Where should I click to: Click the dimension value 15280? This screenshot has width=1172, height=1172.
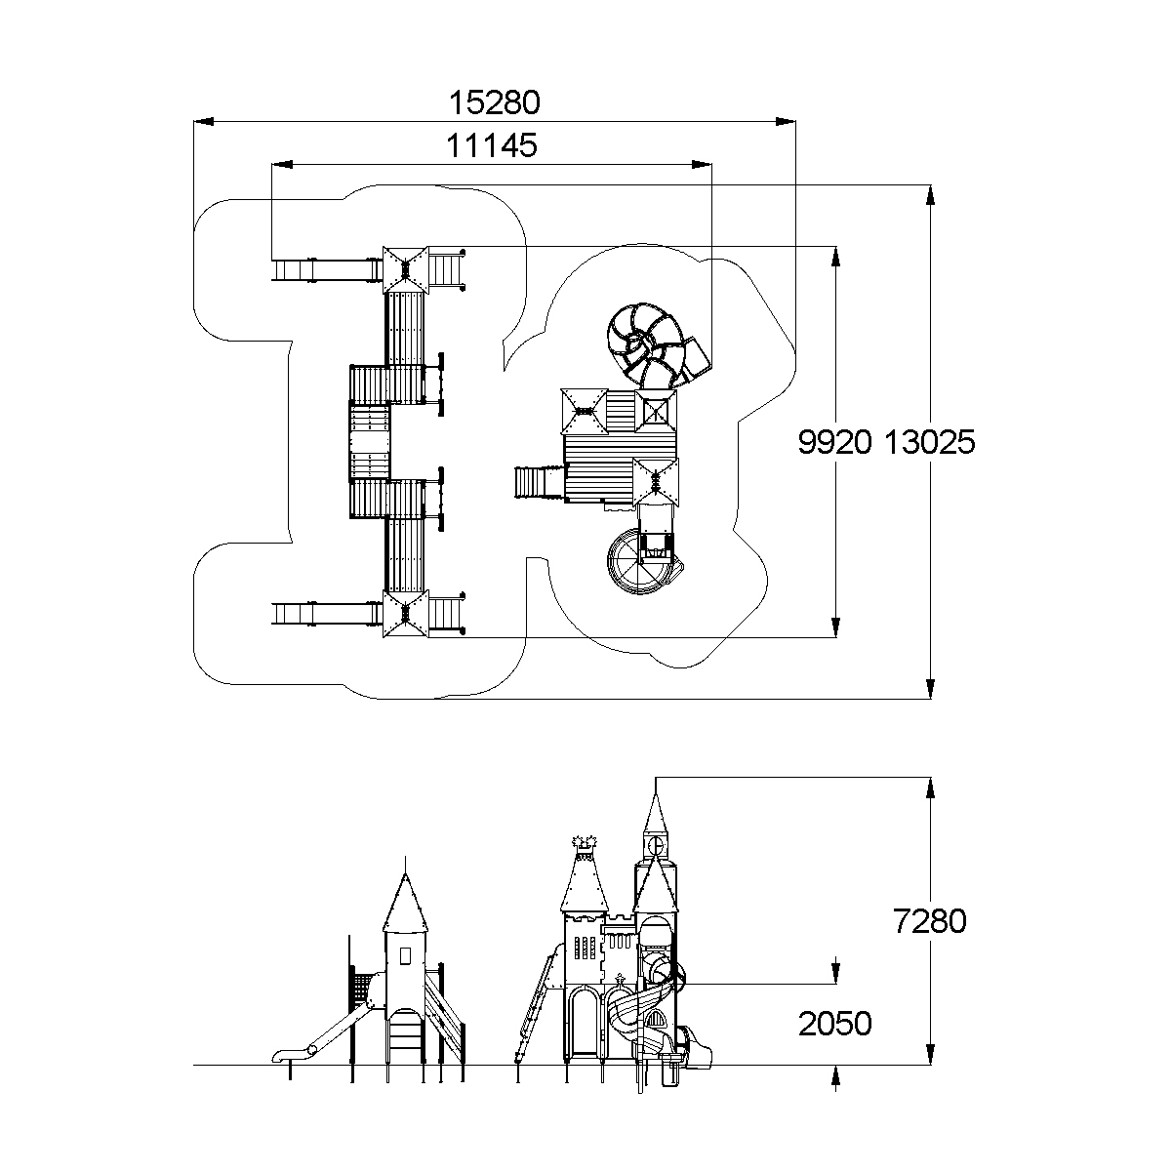pyautogui.click(x=494, y=101)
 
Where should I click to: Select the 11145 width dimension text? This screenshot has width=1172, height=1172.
pyautogui.click(x=492, y=145)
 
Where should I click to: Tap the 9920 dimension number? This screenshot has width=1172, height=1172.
pyautogui.click(x=834, y=442)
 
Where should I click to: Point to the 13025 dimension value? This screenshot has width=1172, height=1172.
pyautogui.click(x=930, y=442)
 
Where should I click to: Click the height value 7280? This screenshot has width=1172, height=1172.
pyautogui.click(x=930, y=920)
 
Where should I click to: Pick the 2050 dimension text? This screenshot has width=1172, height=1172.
pyautogui.click(x=834, y=1024)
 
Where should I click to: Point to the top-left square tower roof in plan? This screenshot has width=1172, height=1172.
pyautogui.click(x=406, y=267)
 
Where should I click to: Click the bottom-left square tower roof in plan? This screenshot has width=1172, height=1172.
pyautogui.click(x=406, y=614)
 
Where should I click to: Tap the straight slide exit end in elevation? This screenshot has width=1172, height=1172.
pyautogui.click(x=282, y=1056)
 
